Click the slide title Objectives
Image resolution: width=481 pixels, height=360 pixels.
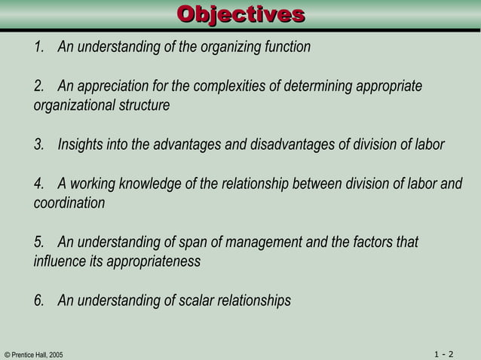pyautogui.click(x=240, y=14)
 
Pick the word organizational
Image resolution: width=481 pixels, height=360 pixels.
pyautogui.click(x=74, y=105)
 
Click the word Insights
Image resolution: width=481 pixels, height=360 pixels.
pyautogui.click(x=79, y=145)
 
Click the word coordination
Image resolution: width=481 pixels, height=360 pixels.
pyautogui.click(x=69, y=203)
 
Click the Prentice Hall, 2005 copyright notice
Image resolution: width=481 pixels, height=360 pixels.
pyautogui.click(x=33, y=354)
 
